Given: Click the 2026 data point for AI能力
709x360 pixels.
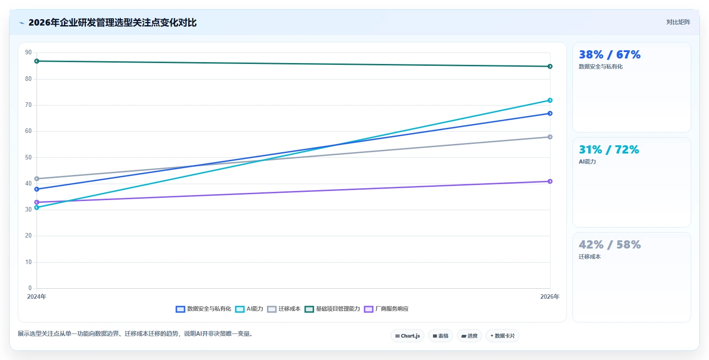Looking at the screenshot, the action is pyautogui.click(x=550, y=101).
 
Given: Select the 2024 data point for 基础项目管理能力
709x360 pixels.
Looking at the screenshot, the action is pyautogui.click(x=37, y=61).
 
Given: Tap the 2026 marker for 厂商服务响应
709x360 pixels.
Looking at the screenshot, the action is pyautogui.click(x=550, y=181).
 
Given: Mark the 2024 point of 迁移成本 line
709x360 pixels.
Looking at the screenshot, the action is pyautogui.click(x=37, y=179).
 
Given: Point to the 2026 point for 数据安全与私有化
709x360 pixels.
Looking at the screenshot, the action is pyautogui.click(x=550, y=113).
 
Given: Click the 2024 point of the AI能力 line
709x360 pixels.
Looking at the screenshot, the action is pyautogui.click(x=37, y=207).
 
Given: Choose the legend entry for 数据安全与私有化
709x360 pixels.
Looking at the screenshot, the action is pyautogui.click(x=203, y=309).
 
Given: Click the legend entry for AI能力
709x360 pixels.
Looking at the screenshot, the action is pyautogui.click(x=249, y=309).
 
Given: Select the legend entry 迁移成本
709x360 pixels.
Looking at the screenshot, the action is pyautogui.click(x=284, y=309).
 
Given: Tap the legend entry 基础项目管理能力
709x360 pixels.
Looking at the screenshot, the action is pyautogui.click(x=332, y=309).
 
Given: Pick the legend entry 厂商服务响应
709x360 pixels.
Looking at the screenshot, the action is pyautogui.click(x=386, y=309).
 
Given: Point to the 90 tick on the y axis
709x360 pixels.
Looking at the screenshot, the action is pyautogui.click(x=28, y=52).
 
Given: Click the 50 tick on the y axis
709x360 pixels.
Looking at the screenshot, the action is pyautogui.click(x=28, y=157).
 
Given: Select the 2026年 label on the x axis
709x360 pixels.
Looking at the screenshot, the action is pyautogui.click(x=550, y=296).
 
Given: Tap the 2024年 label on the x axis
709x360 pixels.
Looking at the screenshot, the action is pyautogui.click(x=37, y=296).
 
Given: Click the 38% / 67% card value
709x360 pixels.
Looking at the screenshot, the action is pyautogui.click(x=609, y=54).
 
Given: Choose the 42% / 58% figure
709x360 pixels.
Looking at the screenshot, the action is pyautogui.click(x=609, y=244).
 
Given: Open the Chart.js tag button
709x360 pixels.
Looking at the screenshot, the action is pyautogui.click(x=407, y=336).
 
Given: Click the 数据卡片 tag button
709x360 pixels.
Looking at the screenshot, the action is pyautogui.click(x=503, y=336).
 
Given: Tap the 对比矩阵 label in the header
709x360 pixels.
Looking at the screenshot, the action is pyautogui.click(x=678, y=22).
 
